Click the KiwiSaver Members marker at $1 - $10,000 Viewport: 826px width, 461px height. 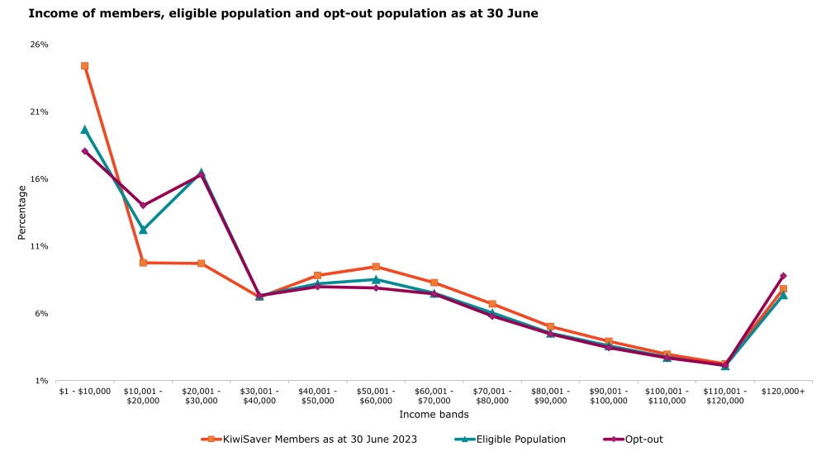[85, 66]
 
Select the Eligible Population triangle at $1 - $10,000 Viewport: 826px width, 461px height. [85, 130]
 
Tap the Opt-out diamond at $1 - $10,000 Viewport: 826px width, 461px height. [85, 151]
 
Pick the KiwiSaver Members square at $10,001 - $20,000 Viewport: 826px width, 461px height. [143, 263]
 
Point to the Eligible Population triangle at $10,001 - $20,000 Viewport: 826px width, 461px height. [143, 230]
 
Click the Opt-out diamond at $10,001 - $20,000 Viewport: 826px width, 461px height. [143, 205]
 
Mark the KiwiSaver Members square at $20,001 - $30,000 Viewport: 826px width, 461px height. [202, 264]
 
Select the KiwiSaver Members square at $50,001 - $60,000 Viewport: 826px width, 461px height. [376, 267]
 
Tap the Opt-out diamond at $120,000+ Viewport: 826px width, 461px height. [783, 276]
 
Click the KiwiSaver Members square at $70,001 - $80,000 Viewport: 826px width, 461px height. [492, 304]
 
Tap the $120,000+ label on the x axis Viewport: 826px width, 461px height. [783, 391]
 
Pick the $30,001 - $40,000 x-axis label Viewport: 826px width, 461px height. [259, 396]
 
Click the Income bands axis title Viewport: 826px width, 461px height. [434, 414]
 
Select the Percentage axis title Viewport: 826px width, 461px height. [22, 212]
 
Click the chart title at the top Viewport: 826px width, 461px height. [283, 14]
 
